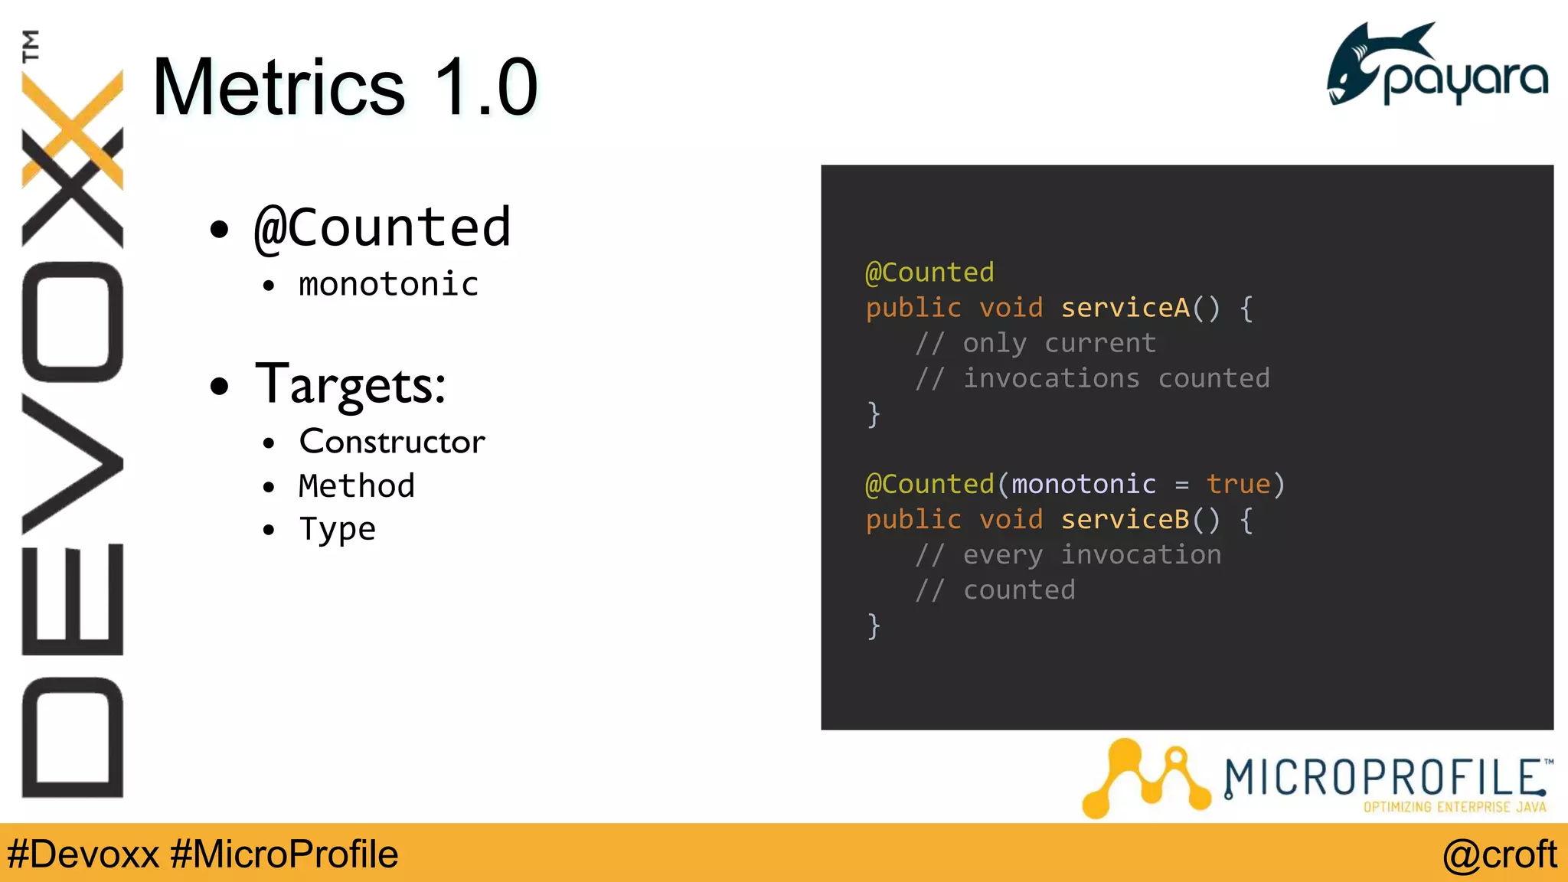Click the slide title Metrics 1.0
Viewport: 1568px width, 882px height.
click(x=345, y=87)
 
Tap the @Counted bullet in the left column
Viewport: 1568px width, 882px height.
click(x=382, y=227)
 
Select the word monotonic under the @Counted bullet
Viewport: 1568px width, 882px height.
click(x=388, y=285)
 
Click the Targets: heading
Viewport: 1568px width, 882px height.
click(x=350, y=385)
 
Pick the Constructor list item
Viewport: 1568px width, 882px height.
click(x=392, y=442)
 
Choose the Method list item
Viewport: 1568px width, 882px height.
click(x=357, y=486)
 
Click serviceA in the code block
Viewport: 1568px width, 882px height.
click(x=1125, y=308)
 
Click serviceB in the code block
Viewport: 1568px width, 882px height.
click(x=1125, y=520)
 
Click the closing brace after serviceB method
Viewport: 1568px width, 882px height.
click(x=874, y=626)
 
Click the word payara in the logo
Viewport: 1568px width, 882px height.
click(x=1465, y=80)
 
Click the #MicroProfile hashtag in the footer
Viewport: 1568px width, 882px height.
click(x=284, y=854)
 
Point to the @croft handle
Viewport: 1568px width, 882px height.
click(x=1499, y=854)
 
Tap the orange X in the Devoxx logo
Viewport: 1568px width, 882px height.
click(x=73, y=130)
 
